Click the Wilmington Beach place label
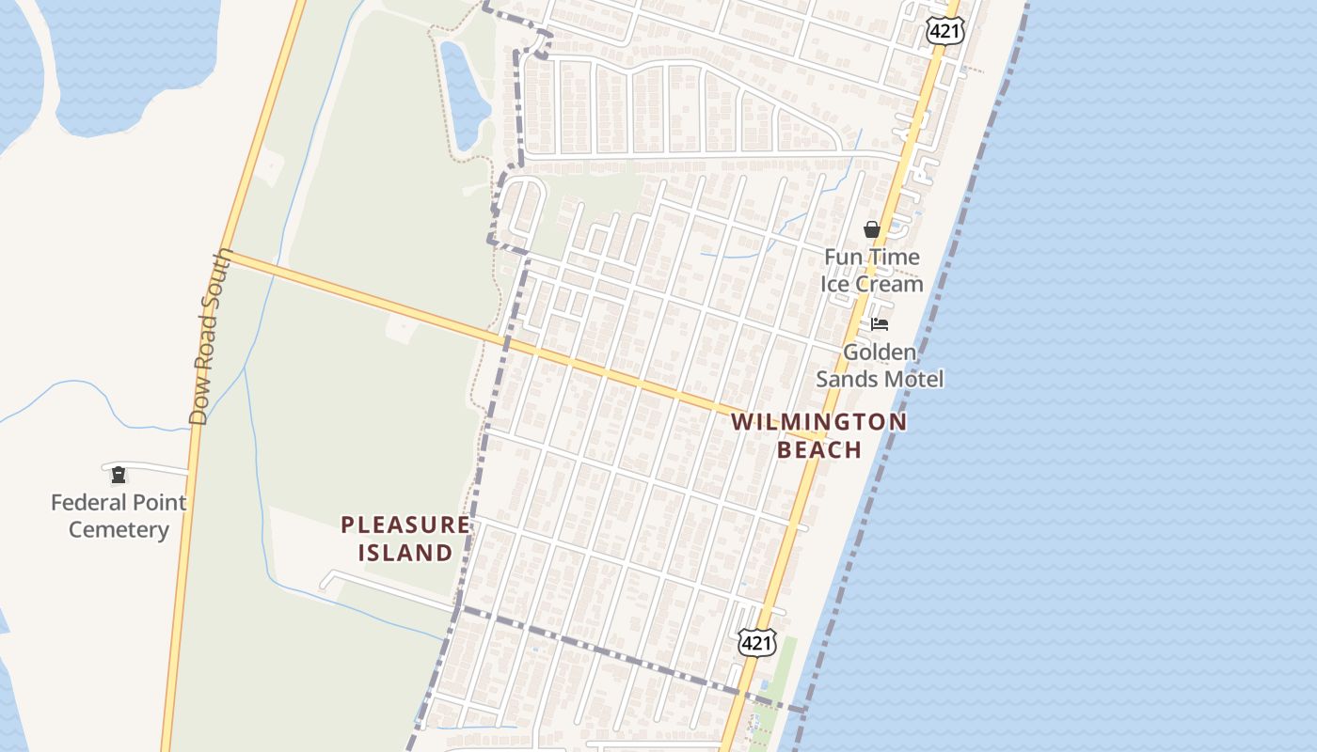tap(818, 434)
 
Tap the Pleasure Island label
tap(405, 538)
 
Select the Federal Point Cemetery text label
tap(119, 516)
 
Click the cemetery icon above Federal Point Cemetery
tap(119, 475)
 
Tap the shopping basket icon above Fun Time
tap(872, 229)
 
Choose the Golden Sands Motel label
tap(879, 366)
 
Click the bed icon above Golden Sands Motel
tap(880, 324)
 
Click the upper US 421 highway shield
tap(944, 31)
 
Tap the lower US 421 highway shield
tap(756, 643)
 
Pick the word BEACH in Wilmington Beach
tap(819, 449)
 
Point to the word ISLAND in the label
tap(405, 553)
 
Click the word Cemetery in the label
tap(119, 530)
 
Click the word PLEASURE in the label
tap(405, 524)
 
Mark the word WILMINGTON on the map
tap(818, 421)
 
